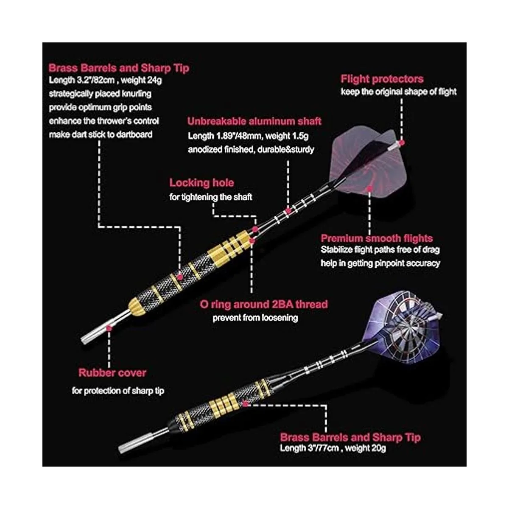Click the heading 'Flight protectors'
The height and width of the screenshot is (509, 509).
point(382,79)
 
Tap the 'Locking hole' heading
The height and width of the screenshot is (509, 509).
point(202,183)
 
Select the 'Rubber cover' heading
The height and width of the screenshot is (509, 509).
point(112,373)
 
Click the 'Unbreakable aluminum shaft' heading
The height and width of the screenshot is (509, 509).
point(255,121)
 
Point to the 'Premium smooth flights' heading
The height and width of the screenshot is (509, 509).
point(377,238)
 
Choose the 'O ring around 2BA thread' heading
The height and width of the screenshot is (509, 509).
point(263,304)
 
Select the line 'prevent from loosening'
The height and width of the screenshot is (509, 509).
point(255,318)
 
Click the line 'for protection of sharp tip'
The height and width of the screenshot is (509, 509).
point(118,391)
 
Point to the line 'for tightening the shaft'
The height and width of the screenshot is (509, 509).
point(211,197)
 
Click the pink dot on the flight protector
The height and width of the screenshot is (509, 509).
point(402,143)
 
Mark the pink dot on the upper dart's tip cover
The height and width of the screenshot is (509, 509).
point(109,328)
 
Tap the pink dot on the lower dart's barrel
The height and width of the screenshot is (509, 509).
point(245,404)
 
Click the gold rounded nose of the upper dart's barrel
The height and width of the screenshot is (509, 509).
point(137,307)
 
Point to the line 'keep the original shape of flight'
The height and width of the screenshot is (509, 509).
point(398,92)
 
